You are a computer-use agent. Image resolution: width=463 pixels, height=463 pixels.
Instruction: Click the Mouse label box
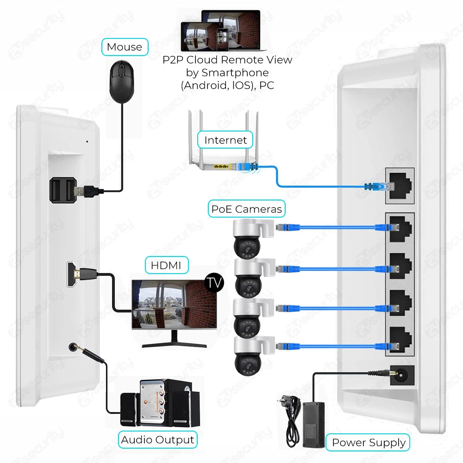[x=124, y=47]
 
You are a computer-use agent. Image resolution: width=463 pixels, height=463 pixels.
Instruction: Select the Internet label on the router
[x=225, y=140]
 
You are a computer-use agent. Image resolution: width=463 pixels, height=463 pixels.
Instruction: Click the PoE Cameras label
[x=246, y=209]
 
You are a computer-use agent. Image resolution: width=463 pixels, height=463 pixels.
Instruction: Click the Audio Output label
[x=157, y=439]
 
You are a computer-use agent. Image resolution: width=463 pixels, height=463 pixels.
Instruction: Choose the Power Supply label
[x=369, y=443]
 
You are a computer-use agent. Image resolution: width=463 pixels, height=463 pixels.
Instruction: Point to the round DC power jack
[x=400, y=373]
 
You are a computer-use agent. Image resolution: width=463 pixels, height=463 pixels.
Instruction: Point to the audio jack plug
[x=88, y=354]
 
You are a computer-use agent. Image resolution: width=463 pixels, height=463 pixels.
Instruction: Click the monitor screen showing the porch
[x=174, y=303]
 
